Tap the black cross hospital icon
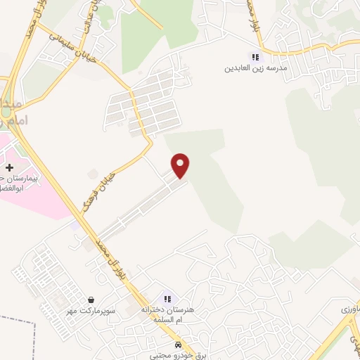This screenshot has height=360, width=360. [9, 168]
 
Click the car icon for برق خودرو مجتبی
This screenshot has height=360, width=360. [181, 345]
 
